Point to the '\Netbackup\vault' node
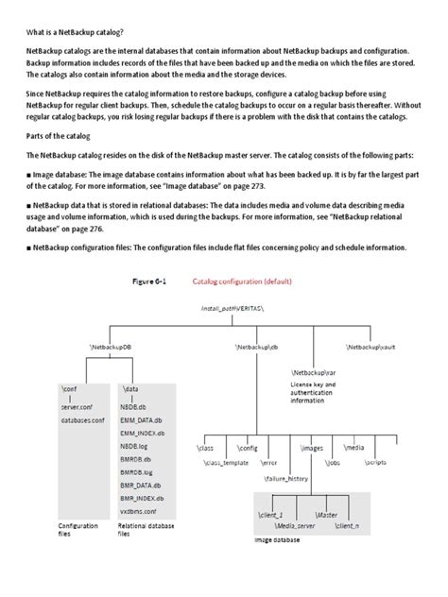(370, 348)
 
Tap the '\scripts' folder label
(401, 464)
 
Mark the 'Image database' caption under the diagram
(277, 540)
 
